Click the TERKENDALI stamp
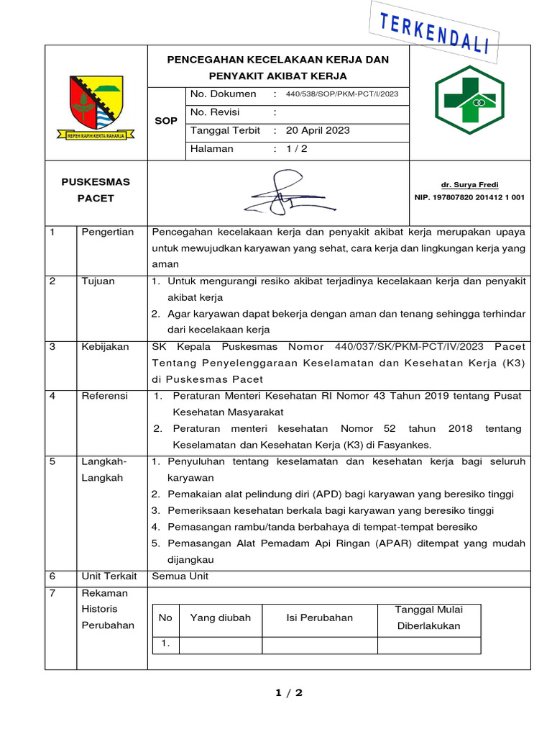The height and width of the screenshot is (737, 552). (x=433, y=31)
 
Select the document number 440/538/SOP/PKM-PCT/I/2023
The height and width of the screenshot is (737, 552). (x=341, y=94)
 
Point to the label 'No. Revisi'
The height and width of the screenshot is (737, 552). (x=215, y=112)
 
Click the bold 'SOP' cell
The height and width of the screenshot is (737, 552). (x=166, y=121)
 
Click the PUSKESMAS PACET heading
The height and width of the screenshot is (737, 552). (x=96, y=190)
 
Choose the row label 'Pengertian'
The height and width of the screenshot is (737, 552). (x=108, y=232)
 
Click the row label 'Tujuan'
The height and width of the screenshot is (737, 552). (x=98, y=281)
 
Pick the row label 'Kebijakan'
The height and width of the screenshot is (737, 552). (x=105, y=346)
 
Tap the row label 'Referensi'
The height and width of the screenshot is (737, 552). (x=105, y=396)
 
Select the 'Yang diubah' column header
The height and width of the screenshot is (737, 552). (x=220, y=618)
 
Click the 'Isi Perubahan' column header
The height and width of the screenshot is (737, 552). (x=319, y=618)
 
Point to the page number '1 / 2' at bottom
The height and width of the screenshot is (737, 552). (x=289, y=693)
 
